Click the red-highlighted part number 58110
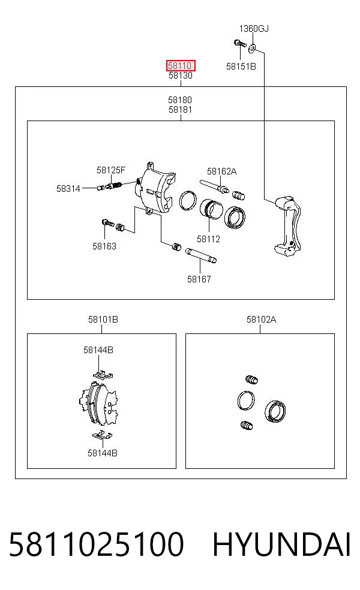tap(181, 66)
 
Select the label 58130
tap(181, 76)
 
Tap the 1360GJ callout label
tap(254, 29)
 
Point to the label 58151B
tap(241, 67)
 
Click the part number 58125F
tap(111, 170)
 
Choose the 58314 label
tap(68, 188)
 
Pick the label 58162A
tap(222, 171)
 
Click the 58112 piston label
tap(208, 239)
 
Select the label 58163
tap(104, 246)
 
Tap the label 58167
tap(199, 279)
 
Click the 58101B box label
tap(103, 320)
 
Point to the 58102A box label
tap(262, 320)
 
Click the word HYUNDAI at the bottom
tap(281, 544)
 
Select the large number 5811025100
tap(97, 544)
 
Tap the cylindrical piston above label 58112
tap(211, 209)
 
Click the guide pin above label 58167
tap(201, 255)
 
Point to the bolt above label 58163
tap(107, 222)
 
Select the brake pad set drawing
tap(99, 404)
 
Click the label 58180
tap(180, 100)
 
